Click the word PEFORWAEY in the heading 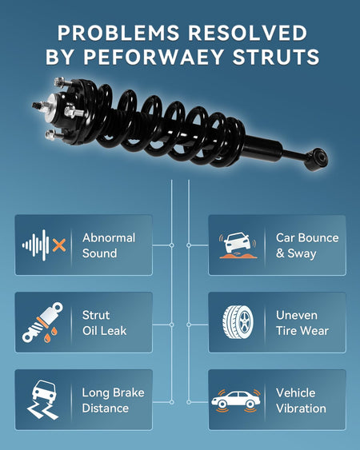point(154,57)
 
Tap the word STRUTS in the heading point(276,57)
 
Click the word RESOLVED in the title point(248,33)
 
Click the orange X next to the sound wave point(59,245)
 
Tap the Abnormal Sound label point(109,245)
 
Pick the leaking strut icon point(42,322)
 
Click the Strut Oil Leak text point(104,323)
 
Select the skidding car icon point(43,400)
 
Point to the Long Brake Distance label point(114,400)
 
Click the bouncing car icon point(238,245)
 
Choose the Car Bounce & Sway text point(307,245)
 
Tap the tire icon point(238,322)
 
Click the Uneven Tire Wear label point(302,323)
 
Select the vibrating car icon point(236,400)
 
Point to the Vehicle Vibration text point(301,400)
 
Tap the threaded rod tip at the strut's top point(36,106)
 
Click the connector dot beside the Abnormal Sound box point(171,245)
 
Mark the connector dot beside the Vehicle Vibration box point(189,402)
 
